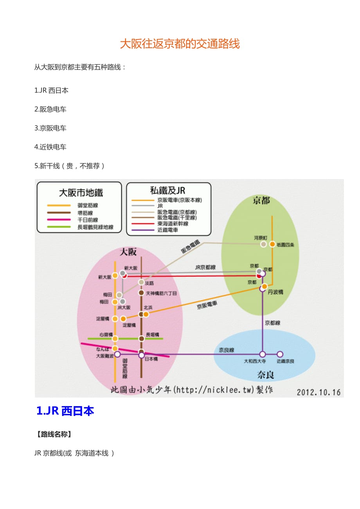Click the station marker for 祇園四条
272,244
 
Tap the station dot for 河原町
264,244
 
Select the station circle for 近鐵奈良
280,354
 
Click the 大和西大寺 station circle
263,354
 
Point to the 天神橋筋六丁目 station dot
141,293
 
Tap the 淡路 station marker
141,282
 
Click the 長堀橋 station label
152,335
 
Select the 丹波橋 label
275,292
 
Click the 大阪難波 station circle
117,354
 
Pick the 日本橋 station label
151,358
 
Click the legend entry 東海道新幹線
173,224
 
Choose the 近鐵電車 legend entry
168,230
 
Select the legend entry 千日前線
88,220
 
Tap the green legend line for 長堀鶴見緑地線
59,227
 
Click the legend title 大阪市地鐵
81,193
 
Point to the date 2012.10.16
319,392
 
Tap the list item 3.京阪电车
50,128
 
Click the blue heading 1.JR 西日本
65,411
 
